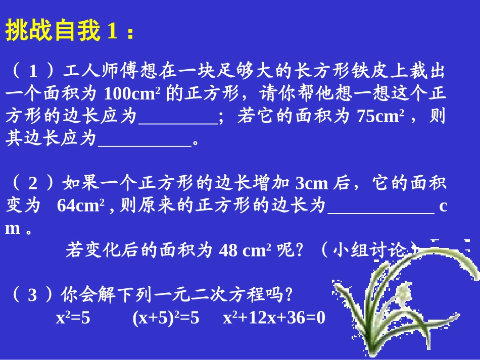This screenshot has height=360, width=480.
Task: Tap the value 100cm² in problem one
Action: point(132,94)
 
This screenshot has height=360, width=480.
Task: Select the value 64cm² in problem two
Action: point(80,205)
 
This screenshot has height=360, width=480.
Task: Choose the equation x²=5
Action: point(73,318)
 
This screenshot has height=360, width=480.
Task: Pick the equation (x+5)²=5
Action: point(166,318)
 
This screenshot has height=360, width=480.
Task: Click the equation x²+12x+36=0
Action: point(274,318)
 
